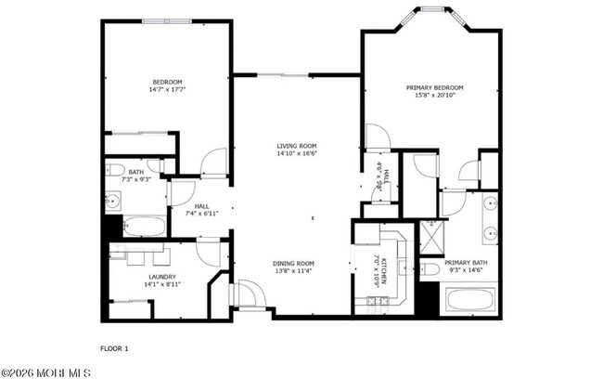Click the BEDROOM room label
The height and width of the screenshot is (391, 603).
pyautogui.click(x=167, y=82)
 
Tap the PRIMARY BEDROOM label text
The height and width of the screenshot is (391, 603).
pyautogui.click(x=434, y=88)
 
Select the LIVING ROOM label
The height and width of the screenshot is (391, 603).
pyautogui.click(x=296, y=146)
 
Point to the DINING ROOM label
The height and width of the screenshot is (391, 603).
pyautogui.click(x=293, y=263)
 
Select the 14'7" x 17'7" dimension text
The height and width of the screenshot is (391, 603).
pyautogui.click(x=167, y=90)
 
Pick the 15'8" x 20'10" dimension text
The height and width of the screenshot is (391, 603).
pyautogui.click(x=434, y=97)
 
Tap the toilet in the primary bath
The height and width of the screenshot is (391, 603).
pyautogui.click(x=430, y=269)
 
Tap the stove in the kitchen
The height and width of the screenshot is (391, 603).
pyautogui.click(x=375, y=301)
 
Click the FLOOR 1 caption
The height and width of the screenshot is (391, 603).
pyautogui.click(x=114, y=348)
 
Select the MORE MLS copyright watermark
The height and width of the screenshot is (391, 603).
pyautogui.click(x=45, y=373)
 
